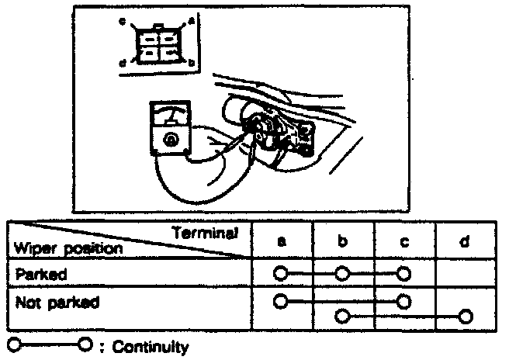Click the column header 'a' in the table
(x=282, y=242)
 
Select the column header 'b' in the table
(x=342, y=242)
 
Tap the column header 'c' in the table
(x=403, y=242)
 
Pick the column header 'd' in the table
(x=465, y=242)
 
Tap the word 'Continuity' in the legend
(x=148, y=347)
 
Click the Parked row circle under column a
(x=280, y=273)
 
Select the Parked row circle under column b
(x=342, y=273)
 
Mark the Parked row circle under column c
(x=403, y=273)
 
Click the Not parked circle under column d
(x=465, y=316)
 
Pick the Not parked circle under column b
(x=342, y=316)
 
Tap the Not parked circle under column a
(x=280, y=299)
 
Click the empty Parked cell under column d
(x=465, y=273)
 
